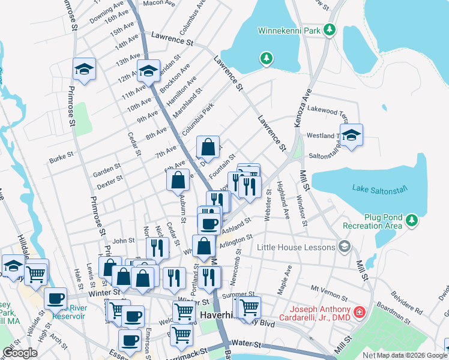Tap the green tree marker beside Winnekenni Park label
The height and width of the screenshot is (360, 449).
pyautogui.click(x=329, y=29)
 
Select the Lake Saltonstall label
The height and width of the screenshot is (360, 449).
pyautogui.click(x=379, y=189)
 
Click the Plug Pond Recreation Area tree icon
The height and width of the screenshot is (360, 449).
pyautogui.click(x=411, y=221)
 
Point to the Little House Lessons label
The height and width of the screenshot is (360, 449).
pyautogui.click(x=295, y=247)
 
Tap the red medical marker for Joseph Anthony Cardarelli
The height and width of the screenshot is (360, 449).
pyautogui.click(x=359, y=312)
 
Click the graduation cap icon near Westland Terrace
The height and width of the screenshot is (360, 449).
pyautogui.click(x=352, y=134)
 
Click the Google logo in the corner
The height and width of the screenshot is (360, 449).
pyautogui.click(x=20, y=353)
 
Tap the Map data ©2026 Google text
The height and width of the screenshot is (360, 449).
pyautogui.click(x=412, y=355)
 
